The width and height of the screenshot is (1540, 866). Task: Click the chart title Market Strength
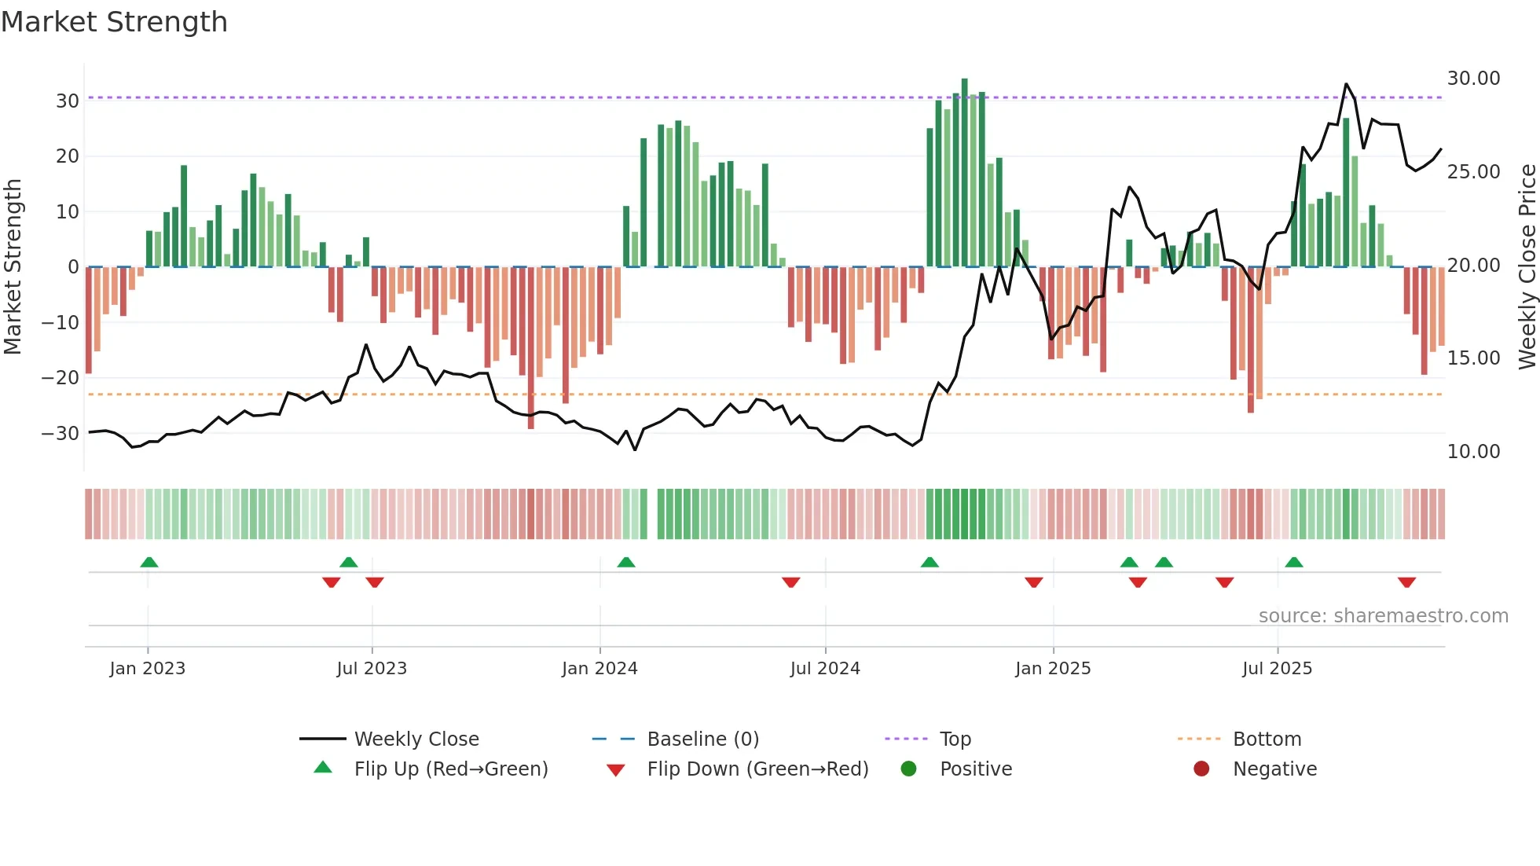[114, 22]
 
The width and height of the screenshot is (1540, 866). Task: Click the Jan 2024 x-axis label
[599, 669]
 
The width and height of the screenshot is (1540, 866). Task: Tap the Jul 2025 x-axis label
[1277, 669]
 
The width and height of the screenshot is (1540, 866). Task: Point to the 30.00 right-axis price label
[1473, 79]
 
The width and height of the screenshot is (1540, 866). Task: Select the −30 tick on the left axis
[60, 434]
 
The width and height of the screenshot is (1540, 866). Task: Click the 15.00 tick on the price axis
[1473, 358]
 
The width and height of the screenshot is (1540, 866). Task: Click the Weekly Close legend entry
[416, 739]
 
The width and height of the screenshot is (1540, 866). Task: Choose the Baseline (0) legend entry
[702, 739]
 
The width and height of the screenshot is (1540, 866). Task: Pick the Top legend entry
[955, 739]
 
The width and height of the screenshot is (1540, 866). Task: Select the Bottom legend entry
[1267, 739]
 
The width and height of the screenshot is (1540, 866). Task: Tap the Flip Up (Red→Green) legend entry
[450, 769]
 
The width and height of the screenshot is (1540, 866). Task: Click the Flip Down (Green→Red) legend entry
[757, 769]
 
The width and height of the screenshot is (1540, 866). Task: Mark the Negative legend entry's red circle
[1201, 769]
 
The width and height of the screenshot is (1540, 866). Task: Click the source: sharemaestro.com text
[1383, 616]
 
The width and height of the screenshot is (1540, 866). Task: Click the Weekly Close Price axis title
[1527, 267]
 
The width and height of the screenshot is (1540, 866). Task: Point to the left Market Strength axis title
[13, 267]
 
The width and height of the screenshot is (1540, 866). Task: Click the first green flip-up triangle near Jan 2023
[148, 562]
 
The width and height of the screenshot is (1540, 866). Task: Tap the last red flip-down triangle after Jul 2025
[1406, 582]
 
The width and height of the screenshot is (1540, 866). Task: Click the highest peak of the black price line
[1346, 84]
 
